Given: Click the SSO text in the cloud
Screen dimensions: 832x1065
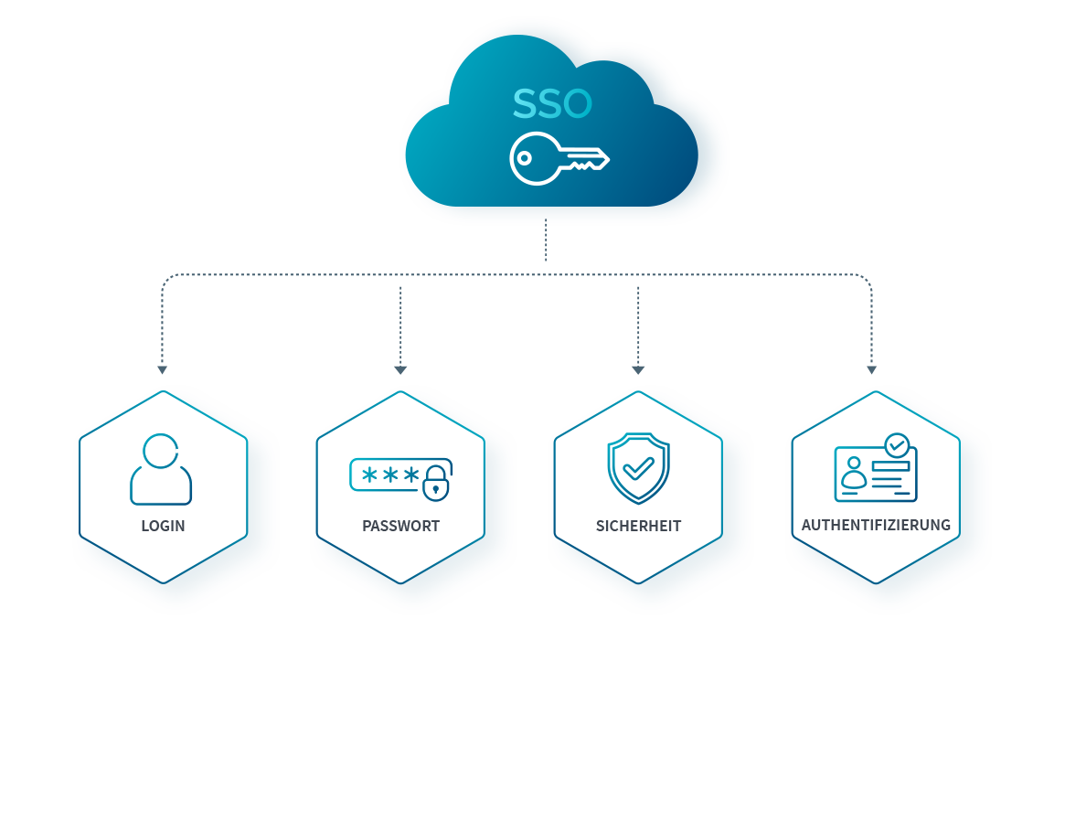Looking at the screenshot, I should tap(552, 104).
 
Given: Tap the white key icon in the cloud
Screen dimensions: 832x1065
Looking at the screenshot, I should tap(559, 158).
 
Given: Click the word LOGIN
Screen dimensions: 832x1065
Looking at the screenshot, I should tap(163, 526).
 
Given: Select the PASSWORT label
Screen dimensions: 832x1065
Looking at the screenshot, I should tap(400, 526).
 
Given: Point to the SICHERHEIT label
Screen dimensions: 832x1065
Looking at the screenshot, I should tap(638, 526).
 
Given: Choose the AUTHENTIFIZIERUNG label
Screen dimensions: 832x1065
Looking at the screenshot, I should tap(876, 525).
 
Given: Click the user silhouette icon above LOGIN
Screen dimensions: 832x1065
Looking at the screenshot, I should tap(161, 469).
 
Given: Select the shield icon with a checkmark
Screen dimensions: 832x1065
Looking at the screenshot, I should tap(638, 467).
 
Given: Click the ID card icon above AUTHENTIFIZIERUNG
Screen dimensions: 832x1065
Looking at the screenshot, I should tap(875, 470).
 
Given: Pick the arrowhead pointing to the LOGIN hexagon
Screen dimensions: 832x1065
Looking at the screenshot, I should tap(162, 370).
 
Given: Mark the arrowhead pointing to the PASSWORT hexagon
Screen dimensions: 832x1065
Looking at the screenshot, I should tap(400, 370).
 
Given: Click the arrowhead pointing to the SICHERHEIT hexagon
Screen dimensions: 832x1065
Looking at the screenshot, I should tap(638, 370).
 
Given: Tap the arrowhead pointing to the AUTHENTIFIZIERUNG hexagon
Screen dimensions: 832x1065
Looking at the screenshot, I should tap(871, 370).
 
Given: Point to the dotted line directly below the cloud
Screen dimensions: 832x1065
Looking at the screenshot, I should tap(546, 241).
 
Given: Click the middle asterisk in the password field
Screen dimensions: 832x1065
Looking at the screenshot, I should tap(390, 475).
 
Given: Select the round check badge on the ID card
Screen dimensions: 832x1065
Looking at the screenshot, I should tap(897, 445).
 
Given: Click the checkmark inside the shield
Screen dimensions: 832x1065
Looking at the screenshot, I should tap(638, 469).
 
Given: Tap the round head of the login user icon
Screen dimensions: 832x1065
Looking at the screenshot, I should tap(161, 450).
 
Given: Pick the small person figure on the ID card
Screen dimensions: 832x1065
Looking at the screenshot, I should tap(854, 475).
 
